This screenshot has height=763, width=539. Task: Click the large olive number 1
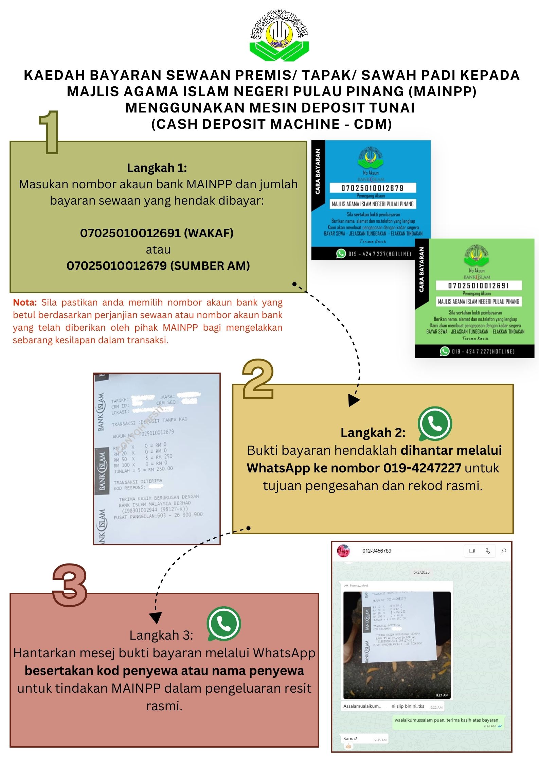(x=50, y=133)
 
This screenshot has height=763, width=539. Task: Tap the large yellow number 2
(x=258, y=379)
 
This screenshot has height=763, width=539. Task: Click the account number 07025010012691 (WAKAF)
(x=157, y=233)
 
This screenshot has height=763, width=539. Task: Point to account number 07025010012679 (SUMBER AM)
(x=158, y=266)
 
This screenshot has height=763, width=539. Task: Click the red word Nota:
(x=25, y=302)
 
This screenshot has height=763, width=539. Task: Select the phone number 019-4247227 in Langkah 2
(x=422, y=468)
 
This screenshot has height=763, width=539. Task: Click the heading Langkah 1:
(x=157, y=168)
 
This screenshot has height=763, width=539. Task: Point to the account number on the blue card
(x=372, y=188)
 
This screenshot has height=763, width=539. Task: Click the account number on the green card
(x=478, y=285)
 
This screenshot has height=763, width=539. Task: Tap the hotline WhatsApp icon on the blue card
(x=341, y=254)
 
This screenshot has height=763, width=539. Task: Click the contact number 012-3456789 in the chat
(x=377, y=551)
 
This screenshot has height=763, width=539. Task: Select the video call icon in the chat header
(x=472, y=551)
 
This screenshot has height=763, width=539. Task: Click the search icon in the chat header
(x=504, y=551)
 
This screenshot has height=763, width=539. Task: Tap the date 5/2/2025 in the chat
(x=421, y=572)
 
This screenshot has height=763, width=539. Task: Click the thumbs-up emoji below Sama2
(x=348, y=746)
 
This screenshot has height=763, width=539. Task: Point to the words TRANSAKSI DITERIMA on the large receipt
(x=138, y=482)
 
